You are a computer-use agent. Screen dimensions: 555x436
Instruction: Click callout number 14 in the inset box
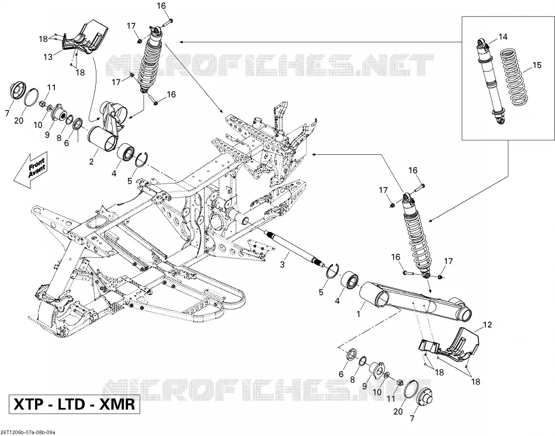pos(502,37)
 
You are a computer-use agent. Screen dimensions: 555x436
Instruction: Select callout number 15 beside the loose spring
pos(537,65)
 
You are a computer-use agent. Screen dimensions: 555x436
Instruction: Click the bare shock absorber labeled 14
pos(490,80)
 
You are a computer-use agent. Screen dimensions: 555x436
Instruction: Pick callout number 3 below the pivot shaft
pos(282,264)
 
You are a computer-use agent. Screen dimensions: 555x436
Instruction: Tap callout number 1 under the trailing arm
pos(358,314)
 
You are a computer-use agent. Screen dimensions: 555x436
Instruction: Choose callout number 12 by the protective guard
pos(487,324)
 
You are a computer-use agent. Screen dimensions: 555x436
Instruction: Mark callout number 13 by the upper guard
pos(48,57)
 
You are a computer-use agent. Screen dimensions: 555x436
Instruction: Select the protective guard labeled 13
pos(84,40)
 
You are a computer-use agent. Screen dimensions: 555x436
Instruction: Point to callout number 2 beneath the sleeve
pos(91,161)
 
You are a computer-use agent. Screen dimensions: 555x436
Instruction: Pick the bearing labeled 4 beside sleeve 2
pos(125,153)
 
